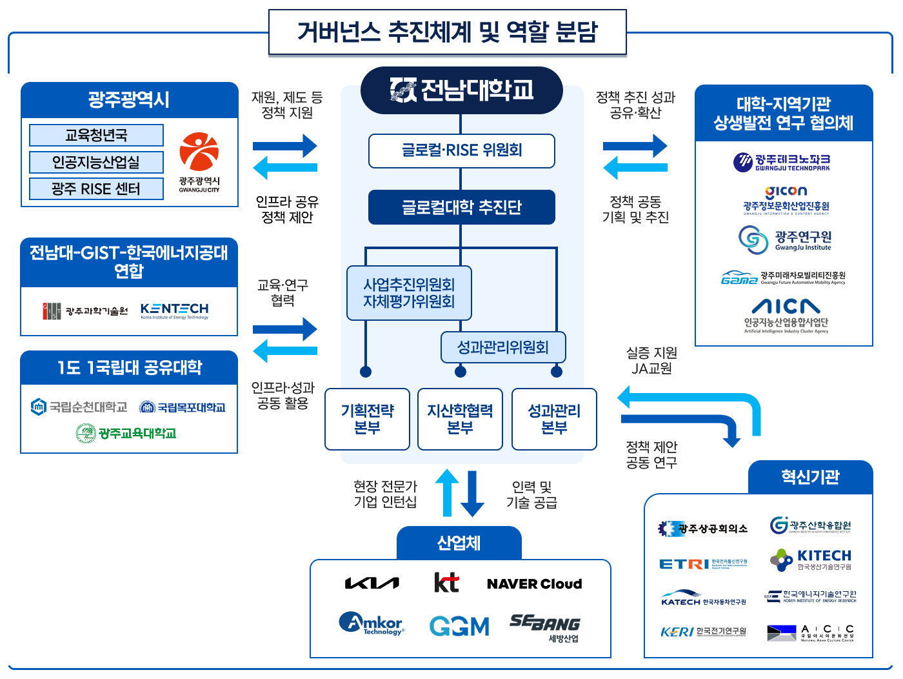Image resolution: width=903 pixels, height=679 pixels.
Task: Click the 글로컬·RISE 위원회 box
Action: (461, 151)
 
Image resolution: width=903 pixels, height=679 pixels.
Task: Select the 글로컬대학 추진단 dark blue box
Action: (461, 207)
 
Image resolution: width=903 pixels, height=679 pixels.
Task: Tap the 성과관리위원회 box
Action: (503, 348)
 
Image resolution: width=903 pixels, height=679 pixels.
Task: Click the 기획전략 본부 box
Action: (367, 419)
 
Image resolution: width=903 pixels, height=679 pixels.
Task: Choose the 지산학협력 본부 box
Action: (460, 419)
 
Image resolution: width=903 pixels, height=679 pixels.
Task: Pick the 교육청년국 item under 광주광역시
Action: (96, 136)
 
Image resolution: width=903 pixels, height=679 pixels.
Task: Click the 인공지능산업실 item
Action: (96, 162)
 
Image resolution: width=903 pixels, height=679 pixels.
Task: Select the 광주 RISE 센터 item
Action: (96, 189)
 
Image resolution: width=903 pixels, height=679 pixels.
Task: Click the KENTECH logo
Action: (174, 310)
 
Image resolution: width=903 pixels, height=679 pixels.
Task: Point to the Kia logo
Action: (372, 583)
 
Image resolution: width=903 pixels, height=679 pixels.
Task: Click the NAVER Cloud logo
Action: (534, 584)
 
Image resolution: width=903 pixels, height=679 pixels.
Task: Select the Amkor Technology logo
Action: (372, 623)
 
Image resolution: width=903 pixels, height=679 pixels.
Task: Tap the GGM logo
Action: (459, 626)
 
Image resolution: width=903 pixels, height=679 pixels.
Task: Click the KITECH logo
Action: (811, 560)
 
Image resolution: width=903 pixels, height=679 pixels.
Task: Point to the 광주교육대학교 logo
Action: (126, 433)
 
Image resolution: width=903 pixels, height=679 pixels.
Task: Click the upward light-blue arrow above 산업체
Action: (447, 493)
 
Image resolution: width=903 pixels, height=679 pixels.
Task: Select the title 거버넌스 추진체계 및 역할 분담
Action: (448, 32)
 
